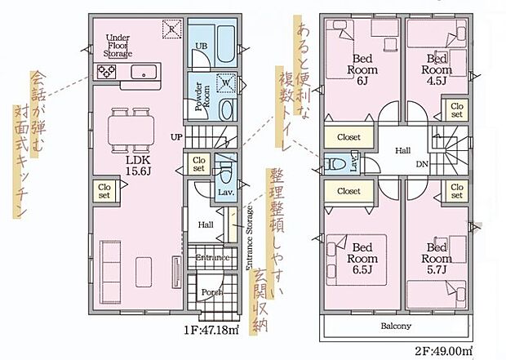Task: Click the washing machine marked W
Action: tap(224, 82)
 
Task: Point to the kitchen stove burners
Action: tap(108, 72)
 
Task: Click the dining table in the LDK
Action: tap(132, 126)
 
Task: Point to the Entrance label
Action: tap(212, 257)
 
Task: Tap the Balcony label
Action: tap(395, 326)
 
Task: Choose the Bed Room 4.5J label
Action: tap(437, 64)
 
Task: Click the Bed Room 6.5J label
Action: tap(362, 258)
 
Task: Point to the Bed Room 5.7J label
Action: tap(437, 258)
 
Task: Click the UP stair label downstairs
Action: tap(176, 137)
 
